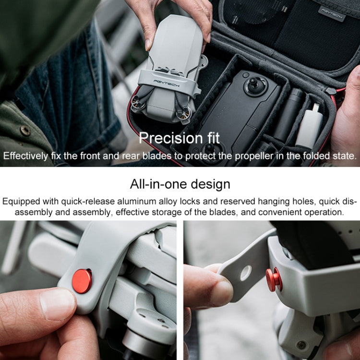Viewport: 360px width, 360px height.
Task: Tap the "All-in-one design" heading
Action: (x=180, y=184)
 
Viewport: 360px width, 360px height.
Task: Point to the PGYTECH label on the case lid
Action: (x=332, y=13)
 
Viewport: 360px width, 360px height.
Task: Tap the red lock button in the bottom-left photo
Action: (x=82, y=281)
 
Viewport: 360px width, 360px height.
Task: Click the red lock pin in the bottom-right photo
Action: (x=274, y=279)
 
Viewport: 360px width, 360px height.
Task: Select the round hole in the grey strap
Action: (x=245, y=273)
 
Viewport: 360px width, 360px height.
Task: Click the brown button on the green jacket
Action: (x=25, y=130)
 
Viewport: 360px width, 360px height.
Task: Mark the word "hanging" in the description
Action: (x=258, y=201)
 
